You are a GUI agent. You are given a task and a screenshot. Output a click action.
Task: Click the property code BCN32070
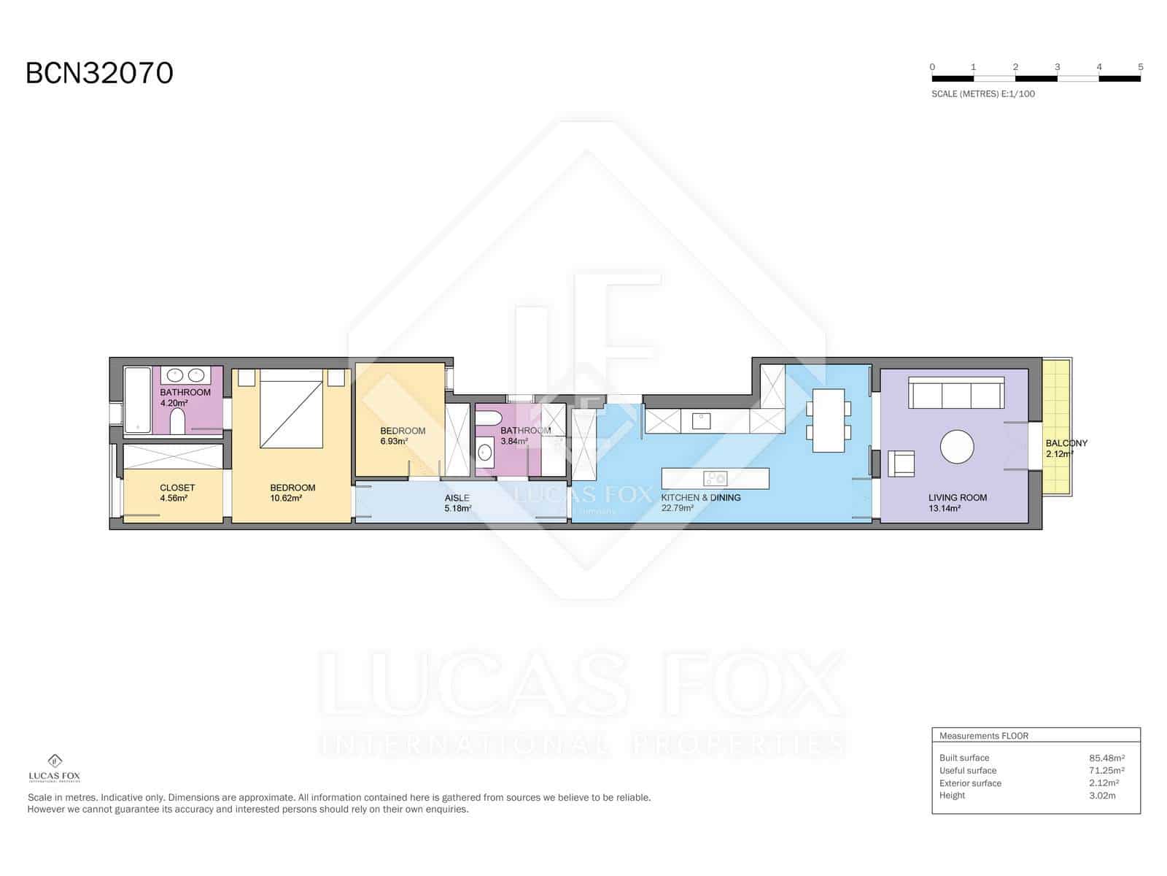coord(99,73)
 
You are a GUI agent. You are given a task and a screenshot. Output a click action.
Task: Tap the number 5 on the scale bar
coord(1140,67)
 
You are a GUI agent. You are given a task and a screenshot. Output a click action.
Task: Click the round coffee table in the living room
coord(956,446)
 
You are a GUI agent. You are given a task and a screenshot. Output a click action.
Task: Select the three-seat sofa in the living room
coord(956,393)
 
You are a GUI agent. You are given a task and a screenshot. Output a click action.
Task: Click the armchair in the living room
coord(901,464)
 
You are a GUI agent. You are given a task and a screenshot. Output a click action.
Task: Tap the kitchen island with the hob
coord(715,478)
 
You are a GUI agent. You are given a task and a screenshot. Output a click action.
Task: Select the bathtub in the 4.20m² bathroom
coord(136,400)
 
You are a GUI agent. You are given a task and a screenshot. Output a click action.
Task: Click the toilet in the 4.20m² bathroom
coord(177,421)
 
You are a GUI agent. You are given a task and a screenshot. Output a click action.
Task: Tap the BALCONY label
coord(1066,443)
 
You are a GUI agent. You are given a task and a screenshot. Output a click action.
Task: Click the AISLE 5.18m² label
coord(457,503)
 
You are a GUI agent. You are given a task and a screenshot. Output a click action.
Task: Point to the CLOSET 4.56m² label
coord(177,493)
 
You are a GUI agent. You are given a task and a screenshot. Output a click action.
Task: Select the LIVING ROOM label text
coord(957,498)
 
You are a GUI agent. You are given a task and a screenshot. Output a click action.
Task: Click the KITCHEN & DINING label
coord(700,498)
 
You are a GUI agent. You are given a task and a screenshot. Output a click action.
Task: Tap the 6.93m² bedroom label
coord(402,436)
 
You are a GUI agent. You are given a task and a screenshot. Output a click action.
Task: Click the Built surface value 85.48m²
coord(1106,758)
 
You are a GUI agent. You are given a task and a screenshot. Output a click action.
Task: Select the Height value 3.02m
coord(1102,796)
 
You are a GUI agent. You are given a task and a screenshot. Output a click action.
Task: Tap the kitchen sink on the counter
coord(701,421)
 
